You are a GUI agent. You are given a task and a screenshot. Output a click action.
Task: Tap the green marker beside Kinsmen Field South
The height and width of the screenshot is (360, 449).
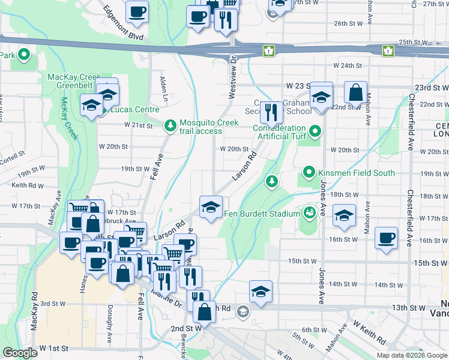[x=309, y=173]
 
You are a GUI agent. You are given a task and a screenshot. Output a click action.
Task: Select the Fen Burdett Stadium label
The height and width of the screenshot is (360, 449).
[x=262, y=214]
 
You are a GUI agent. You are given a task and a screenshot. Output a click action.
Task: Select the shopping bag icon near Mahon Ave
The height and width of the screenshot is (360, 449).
[x=355, y=93]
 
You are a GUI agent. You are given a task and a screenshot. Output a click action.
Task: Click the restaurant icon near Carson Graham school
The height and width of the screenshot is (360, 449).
[x=271, y=111]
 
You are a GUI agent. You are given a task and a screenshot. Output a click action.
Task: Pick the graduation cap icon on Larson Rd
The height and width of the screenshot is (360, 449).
[x=209, y=207]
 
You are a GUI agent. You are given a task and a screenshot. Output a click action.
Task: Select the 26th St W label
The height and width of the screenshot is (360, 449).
[x=349, y=23]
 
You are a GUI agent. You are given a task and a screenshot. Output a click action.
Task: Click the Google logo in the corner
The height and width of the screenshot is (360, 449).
[x=20, y=353]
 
